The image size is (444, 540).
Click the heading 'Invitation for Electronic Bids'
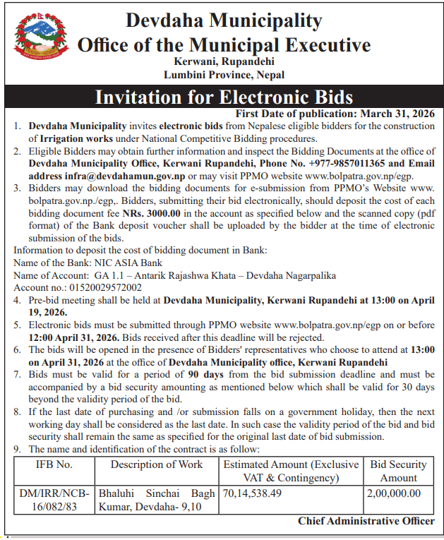coord(224,96)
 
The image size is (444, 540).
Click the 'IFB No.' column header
coord(54,464)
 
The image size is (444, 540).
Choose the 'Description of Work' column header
coord(156,464)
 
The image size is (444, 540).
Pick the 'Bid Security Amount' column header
coord(399,471)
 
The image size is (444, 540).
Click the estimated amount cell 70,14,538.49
coord(252,494)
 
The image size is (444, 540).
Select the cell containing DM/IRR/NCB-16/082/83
coord(54,500)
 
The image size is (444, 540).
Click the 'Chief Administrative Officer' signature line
coord(366,521)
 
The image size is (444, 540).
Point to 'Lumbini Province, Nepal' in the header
coord(223,74)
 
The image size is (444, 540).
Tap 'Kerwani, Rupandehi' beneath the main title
coord(223,61)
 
